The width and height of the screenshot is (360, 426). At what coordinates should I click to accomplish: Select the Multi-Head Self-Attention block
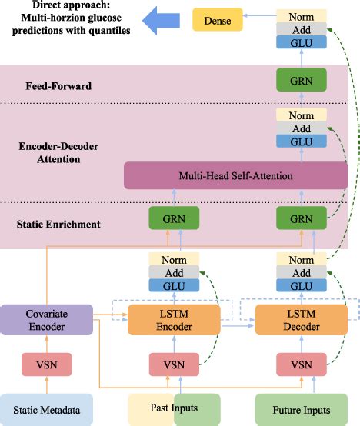coord(236,176)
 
